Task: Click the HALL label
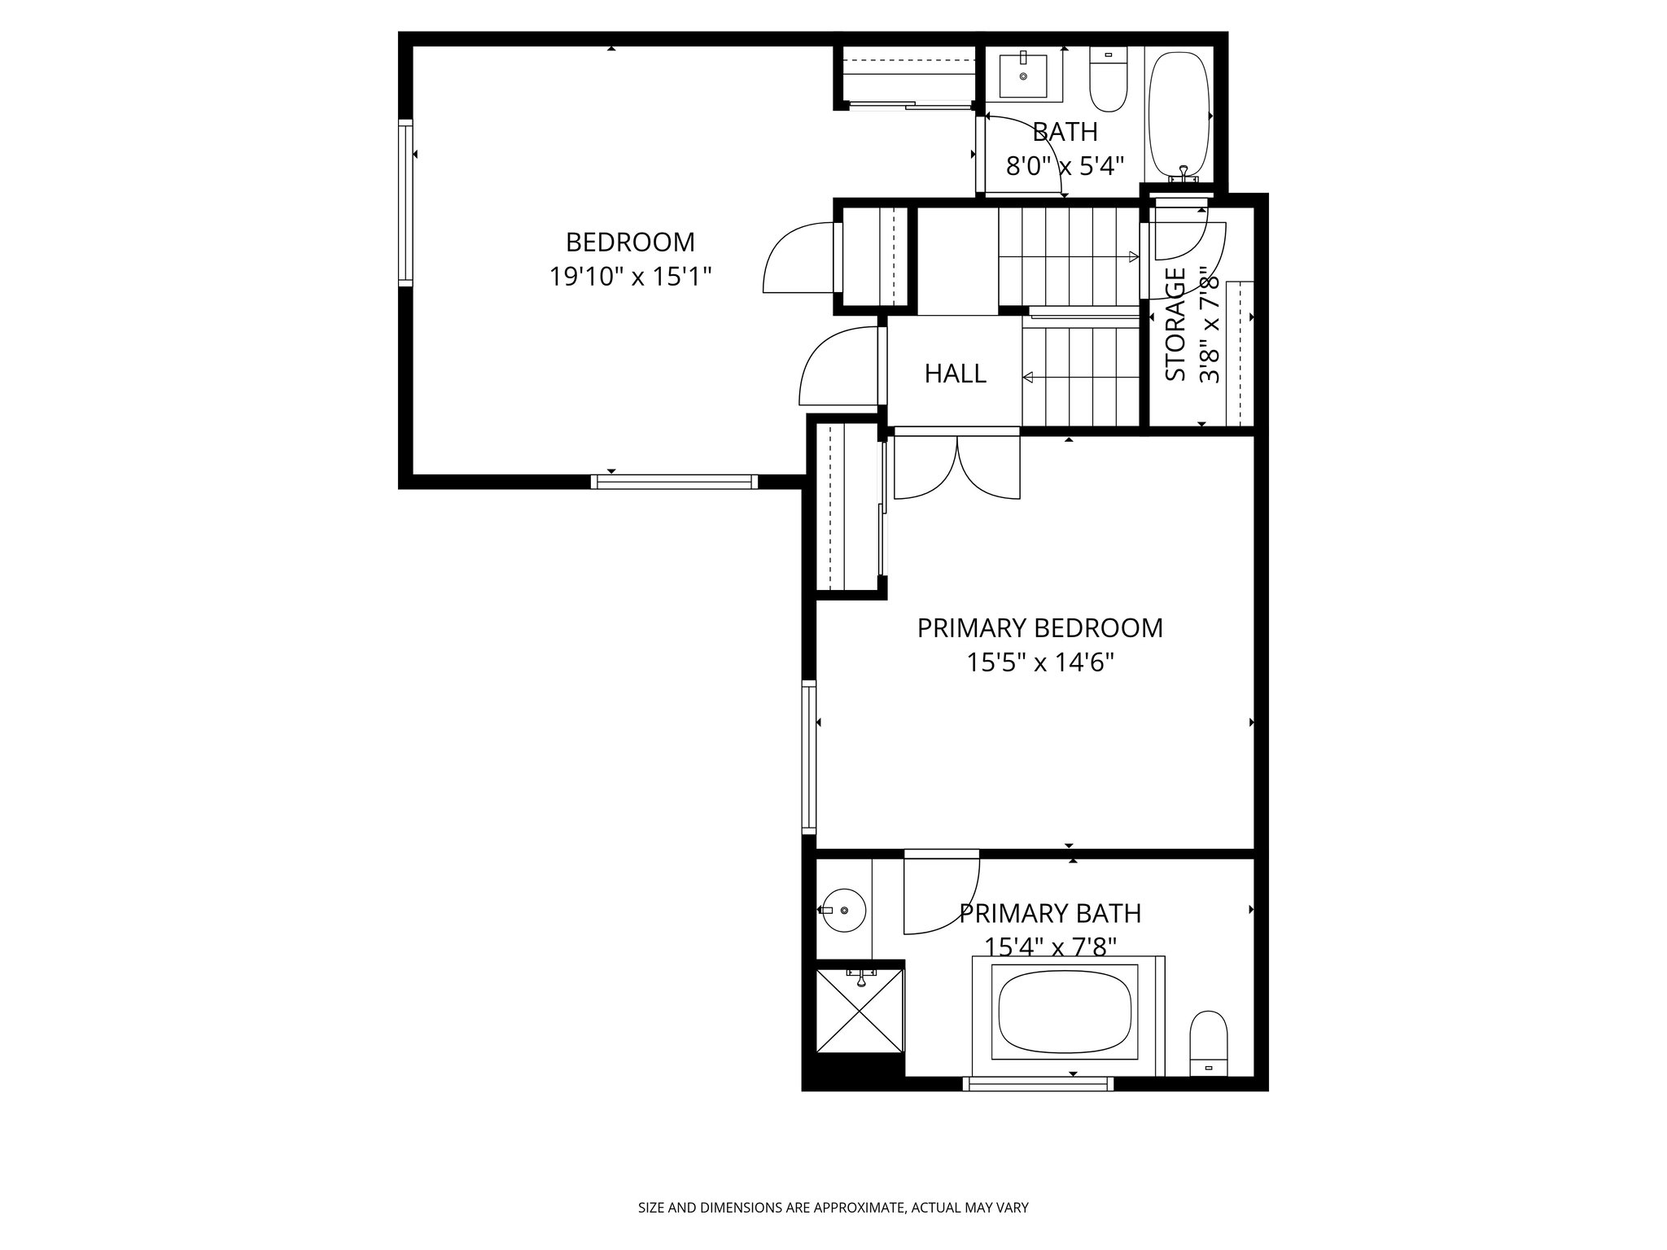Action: (955, 374)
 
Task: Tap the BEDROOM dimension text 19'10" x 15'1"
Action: (630, 277)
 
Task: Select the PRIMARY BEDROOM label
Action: (1039, 627)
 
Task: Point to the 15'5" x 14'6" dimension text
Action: (1039, 662)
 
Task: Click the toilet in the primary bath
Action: (1208, 1043)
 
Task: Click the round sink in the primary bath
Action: (843, 910)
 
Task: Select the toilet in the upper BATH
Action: (1107, 81)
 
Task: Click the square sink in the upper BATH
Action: (1023, 74)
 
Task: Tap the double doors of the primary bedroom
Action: (957, 468)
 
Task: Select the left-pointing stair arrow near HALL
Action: (1029, 378)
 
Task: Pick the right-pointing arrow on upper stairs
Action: (1133, 257)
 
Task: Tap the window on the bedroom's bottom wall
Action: (674, 482)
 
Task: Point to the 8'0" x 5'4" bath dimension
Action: (1065, 166)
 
